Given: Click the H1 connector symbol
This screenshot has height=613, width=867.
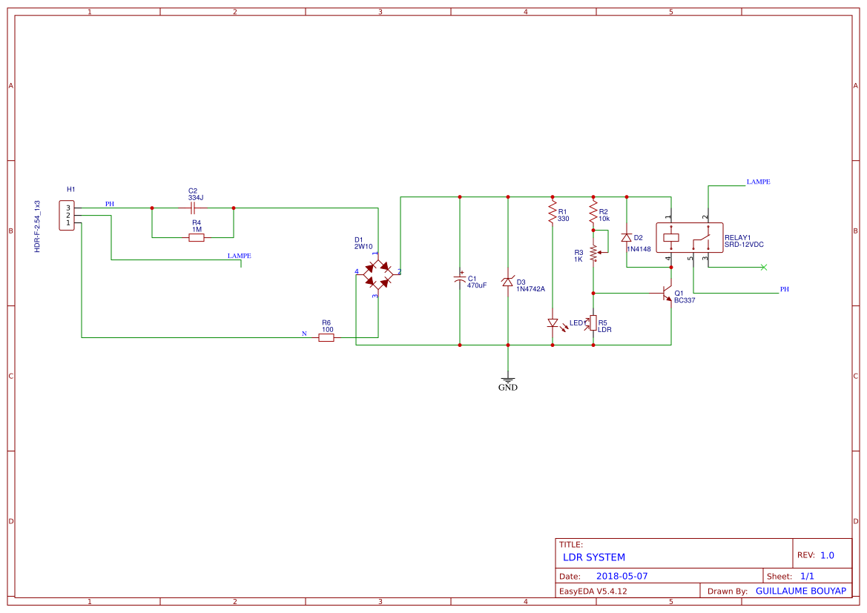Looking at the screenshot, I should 67,216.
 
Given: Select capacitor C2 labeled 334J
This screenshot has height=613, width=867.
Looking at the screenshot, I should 193,208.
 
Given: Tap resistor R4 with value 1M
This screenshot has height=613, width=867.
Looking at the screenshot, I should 197,238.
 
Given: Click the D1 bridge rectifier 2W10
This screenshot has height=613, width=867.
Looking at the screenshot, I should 378,273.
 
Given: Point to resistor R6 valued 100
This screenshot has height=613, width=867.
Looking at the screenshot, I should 326,338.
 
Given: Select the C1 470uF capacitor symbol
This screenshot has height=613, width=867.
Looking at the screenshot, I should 460,280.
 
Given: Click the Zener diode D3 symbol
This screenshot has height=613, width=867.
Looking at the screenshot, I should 508,282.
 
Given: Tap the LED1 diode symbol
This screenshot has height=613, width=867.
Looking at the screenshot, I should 553,322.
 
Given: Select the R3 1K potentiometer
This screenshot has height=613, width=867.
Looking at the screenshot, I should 593,253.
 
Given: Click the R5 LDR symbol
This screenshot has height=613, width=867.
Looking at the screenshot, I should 593,322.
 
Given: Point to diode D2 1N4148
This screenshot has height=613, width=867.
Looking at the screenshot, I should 627,238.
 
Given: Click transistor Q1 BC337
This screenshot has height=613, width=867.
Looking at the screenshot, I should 667,294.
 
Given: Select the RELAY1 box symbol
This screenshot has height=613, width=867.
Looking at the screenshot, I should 688,238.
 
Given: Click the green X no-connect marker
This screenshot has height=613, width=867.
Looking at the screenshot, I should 764,268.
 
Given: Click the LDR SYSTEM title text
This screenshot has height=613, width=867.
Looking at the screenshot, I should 594,557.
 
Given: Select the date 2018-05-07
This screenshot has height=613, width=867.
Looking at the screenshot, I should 622,576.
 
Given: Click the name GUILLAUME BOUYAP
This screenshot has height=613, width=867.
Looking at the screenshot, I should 800,591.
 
